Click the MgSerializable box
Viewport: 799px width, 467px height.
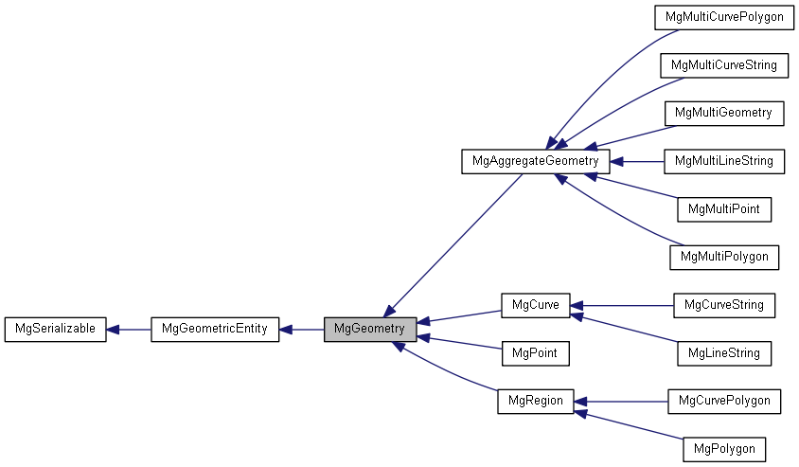tap(55, 330)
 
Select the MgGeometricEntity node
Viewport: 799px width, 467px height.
tap(215, 330)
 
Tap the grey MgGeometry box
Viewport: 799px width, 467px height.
tap(369, 330)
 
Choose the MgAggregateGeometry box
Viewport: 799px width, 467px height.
tap(536, 161)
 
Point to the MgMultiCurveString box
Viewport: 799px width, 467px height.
tap(724, 65)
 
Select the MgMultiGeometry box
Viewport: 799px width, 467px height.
tap(724, 113)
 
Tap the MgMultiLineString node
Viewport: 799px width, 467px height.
tap(724, 161)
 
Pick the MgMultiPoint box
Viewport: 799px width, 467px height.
tap(724, 208)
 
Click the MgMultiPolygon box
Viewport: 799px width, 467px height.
tap(724, 257)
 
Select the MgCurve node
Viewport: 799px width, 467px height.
tap(535, 305)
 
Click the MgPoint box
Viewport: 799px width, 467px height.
tap(535, 353)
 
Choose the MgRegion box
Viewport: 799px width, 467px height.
tap(535, 401)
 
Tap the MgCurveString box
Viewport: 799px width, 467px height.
tap(724, 305)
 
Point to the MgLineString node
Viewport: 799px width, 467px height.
tap(724, 353)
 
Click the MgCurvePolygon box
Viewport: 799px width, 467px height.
tap(724, 401)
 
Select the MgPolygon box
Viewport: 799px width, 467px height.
tap(724, 448)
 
